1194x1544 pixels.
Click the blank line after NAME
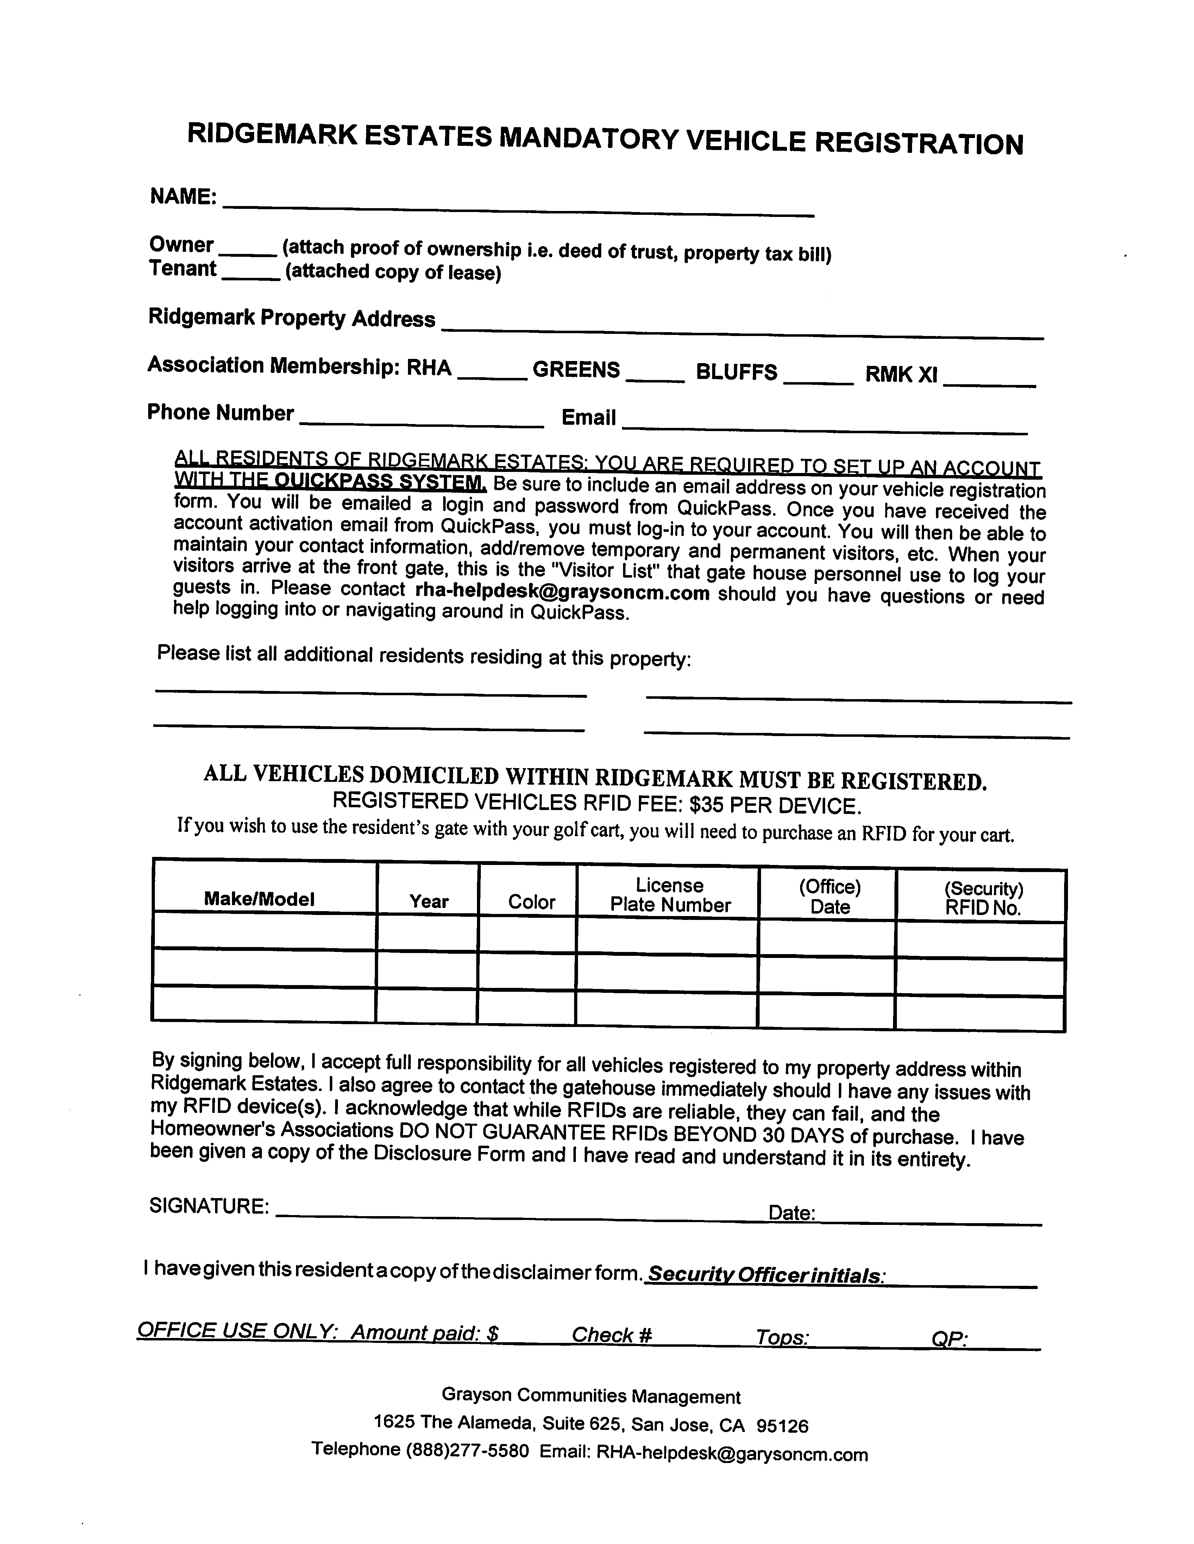[518, 206]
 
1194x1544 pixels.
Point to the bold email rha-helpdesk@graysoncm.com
[563, 592]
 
